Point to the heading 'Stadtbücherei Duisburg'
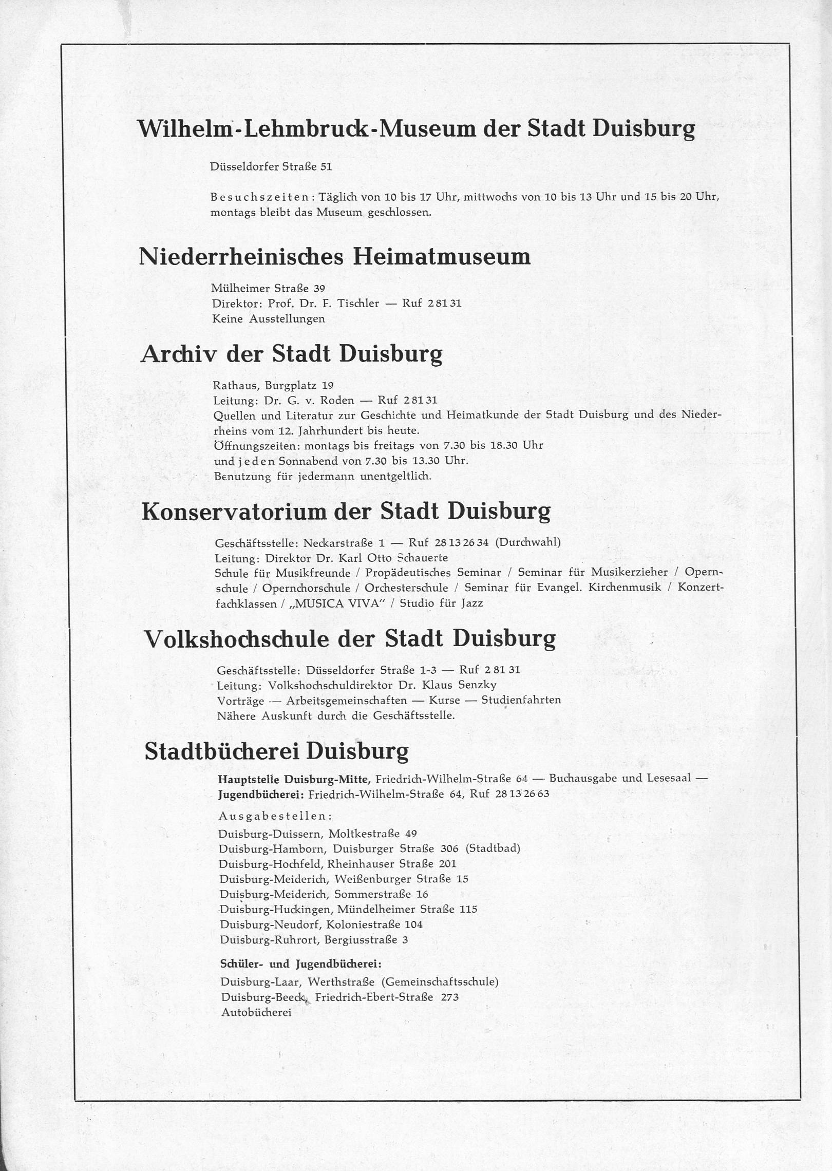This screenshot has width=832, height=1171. pyautogui.click(x=276, y=751)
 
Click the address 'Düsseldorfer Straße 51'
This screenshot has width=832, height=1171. pyautogui.click(x=271, y=166)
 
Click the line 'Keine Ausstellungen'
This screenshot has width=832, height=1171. pyautogui.click(x=269, y=318)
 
